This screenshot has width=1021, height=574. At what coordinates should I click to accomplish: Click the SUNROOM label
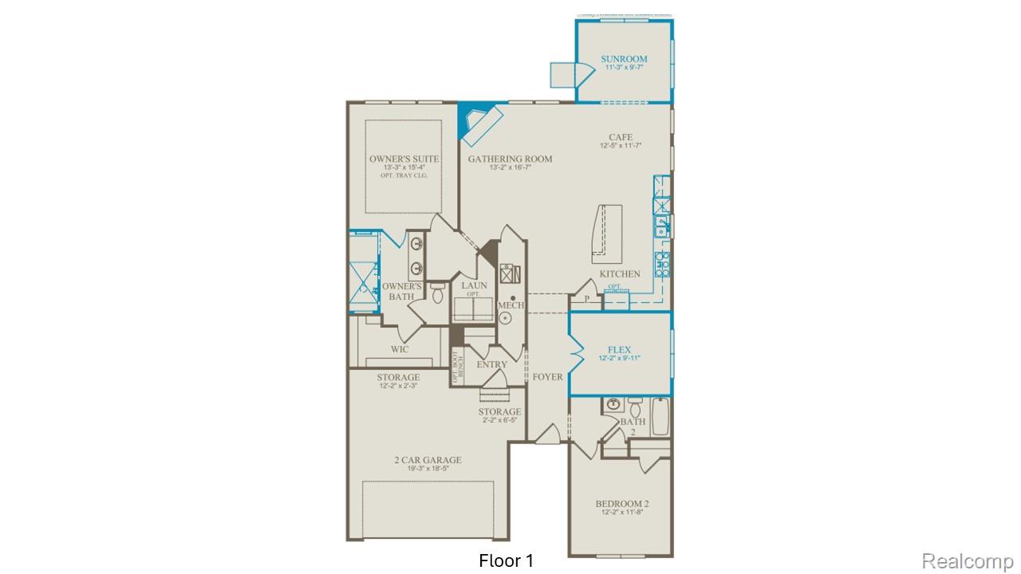(x=624, y=59)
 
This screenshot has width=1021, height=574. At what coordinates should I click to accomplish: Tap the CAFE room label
(x=621, y=137)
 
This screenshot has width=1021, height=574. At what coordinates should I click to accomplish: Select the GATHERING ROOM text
(x=510, y=159)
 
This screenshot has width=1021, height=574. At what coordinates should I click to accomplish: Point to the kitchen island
(x=606, y=233)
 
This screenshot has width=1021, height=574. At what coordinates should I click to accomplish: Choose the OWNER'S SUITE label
(x=404, y=159)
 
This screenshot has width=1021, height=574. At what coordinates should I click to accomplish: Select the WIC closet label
(x=400, y=349)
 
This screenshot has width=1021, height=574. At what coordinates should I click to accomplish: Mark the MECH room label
(x=510, y=305)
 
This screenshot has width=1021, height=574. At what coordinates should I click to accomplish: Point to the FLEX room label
(x=619, y=350)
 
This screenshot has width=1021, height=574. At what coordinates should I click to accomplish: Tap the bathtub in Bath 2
(x=660, y=417)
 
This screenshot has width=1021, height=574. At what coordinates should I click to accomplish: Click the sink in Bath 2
(x=613, y=404)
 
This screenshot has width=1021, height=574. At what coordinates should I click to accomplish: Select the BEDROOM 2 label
(x=622, y=504)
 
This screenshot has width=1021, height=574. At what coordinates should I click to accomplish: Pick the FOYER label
(x=547, y=376)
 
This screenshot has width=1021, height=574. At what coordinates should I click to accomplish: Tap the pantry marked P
(x=586, y=300)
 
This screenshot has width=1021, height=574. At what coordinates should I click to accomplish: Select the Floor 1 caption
(x=506, y=561)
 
